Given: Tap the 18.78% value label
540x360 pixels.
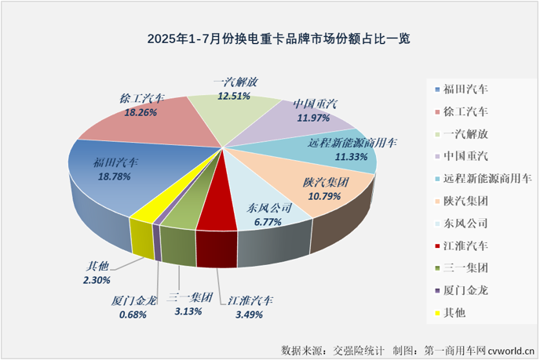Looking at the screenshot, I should click(115, 176).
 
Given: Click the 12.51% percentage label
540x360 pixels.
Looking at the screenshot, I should click(235, 96).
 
